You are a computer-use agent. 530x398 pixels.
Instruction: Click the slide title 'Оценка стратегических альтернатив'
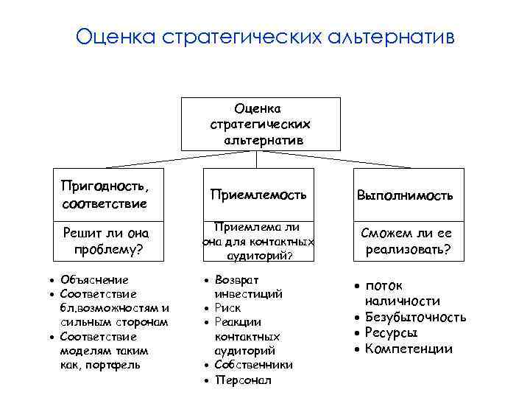pyautogui.click(x=266, y=36)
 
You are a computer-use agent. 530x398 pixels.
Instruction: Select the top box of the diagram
pyautogui.click(x=261, y=124)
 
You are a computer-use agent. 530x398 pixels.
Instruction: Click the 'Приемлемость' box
pyautogui.click(x=257, y=195)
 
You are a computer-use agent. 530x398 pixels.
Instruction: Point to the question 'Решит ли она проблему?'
pyautogui.click(x=107, y=241)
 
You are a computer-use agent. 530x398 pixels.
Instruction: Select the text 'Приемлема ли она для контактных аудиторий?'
pyautogui.click(x=258, y=241)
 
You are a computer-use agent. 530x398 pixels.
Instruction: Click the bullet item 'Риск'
pyautogui.click(x=227, y=308)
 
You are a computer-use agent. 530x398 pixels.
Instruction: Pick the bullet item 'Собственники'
pyautogui.click(x=253, y=365)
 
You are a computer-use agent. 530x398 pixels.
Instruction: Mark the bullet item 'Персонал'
pyautogui.click(x=243, y=380)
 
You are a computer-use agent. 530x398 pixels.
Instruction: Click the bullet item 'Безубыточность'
pyautogui.click(x=416, y=317)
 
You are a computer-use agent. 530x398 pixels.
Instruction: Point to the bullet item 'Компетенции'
pyautogui.click(x=409, y=348)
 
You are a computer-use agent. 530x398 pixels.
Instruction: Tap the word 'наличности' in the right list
pyautogui.click(x=402, y=301)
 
